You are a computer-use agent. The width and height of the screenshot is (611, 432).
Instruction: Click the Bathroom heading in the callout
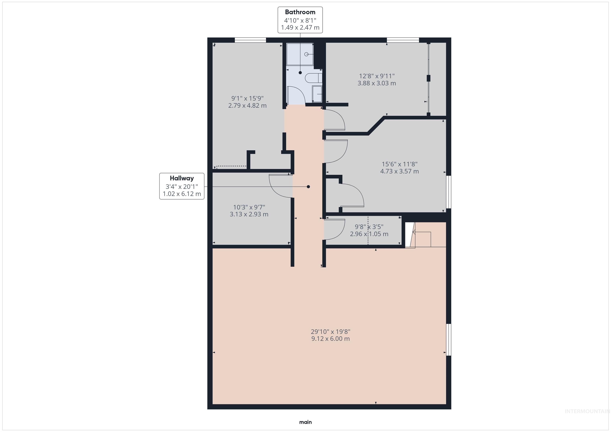tap(300, 12)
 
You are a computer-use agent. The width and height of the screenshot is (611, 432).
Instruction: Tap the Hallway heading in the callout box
tap(182, 178)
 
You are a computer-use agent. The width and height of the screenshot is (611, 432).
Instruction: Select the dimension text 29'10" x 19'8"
tap(331, 332)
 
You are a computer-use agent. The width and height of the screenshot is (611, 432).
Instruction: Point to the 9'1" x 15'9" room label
tap(247, 98)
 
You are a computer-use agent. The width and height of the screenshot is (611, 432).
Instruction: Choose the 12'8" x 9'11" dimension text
tap(377, 76)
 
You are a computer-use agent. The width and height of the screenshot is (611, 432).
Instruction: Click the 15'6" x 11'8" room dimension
tap(399, 164)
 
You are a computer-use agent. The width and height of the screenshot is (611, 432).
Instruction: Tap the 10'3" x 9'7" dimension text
tap(249, 207)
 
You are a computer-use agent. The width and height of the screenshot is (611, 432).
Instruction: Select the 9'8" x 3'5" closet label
tap(369, 227)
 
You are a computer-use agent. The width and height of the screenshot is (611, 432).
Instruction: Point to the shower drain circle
tap(306, 54)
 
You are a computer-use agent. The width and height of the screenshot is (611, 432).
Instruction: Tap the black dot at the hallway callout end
tap(308, 187)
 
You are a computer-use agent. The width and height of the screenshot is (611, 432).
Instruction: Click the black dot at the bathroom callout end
tap(300, 73)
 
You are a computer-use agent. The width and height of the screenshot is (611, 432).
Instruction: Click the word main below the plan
tap(305, 422)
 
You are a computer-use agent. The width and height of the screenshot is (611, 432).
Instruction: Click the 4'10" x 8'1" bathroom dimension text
tap(300, 20)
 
